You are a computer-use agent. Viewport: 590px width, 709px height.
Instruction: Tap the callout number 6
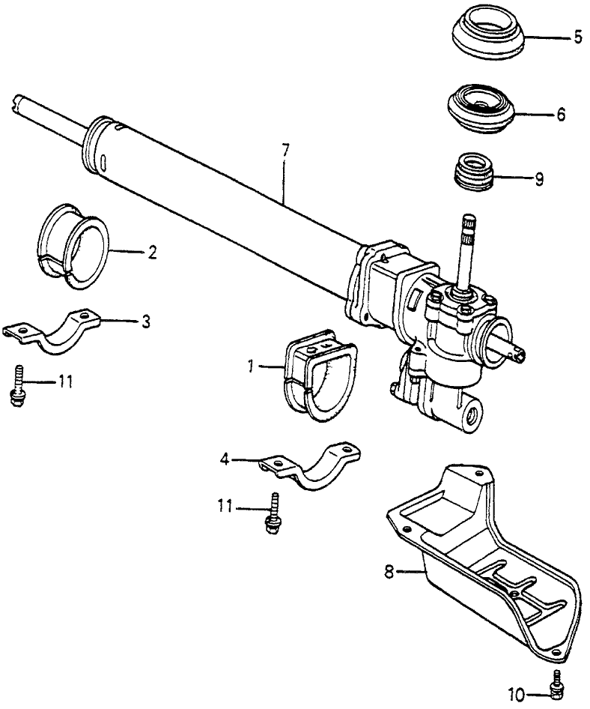pos(561,115)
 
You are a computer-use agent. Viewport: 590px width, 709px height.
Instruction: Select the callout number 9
pos(539,180)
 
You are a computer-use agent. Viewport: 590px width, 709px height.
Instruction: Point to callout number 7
pos(285,148)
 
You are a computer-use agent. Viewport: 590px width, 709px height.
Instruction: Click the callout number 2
pos(152,253)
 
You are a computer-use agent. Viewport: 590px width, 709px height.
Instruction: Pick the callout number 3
pos(146,322)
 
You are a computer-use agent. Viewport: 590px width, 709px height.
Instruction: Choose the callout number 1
pos(252,366)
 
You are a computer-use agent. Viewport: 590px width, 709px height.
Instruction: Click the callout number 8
pos(387,572)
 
